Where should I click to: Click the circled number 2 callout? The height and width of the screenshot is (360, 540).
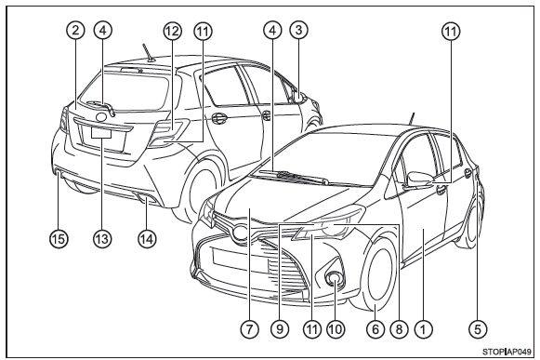(x=76, y=31)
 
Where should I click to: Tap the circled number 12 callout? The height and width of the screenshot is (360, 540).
(x=172, y=31)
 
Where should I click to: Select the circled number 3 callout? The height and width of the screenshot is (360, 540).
(x=298, y=30)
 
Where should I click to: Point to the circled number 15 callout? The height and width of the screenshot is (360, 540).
(x=59, y=238)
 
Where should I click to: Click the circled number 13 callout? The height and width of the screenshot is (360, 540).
(x=102, y=238)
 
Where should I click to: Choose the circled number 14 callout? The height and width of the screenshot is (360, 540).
(x=147, y=238)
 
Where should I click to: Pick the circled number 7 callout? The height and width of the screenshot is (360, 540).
(x=249, y=329)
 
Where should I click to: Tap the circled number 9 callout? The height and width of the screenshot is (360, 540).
(x=280, y=329)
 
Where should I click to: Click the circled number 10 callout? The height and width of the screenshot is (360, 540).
(x=336, y=329)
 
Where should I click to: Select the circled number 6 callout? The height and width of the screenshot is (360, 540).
(x=375, y=329)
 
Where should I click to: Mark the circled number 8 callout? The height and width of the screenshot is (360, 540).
(x=399, y=329)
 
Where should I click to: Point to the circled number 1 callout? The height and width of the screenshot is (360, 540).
(x=423, y=329)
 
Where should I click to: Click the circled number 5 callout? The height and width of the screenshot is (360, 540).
(x=478, y=329)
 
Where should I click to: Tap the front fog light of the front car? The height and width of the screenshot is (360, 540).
(x=334, y=278)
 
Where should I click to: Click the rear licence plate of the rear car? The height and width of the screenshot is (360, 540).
(x=101, y=132)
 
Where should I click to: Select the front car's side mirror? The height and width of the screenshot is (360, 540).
(x=419, y=180)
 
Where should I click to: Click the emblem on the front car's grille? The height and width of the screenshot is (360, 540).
(x=240, y=233)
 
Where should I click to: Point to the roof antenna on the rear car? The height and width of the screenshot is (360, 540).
(x=149, y=52)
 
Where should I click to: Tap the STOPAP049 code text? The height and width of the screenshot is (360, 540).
(x=507, y=352)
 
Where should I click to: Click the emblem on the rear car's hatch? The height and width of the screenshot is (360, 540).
(x=102, y=117)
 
